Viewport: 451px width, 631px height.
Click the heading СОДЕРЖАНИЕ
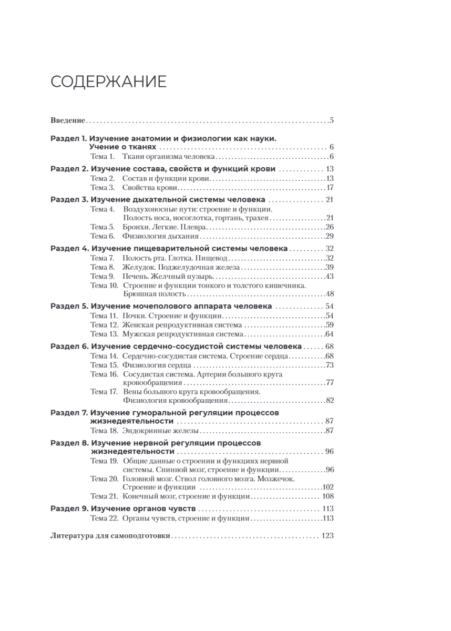(109, 82)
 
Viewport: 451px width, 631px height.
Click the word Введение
(68, 120)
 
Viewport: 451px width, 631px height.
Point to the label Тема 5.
(102, 227)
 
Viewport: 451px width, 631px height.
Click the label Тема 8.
(102, 267)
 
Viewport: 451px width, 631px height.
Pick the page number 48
(330, 293)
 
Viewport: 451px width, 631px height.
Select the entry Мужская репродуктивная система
(182, 334)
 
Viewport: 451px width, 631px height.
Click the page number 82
(330, 401)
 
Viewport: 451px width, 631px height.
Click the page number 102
(329, 487)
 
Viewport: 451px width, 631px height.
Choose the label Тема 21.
(104, 496)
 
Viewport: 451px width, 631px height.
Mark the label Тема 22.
(104, 518)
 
